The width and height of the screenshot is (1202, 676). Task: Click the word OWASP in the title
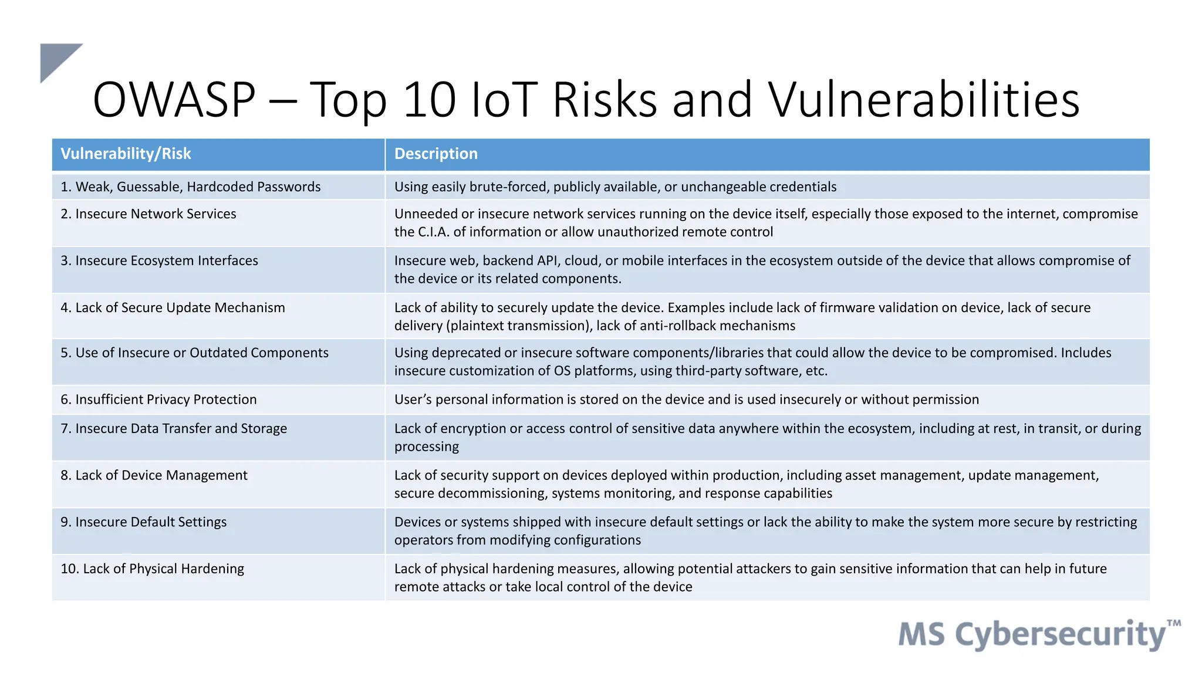[x=174, y=100]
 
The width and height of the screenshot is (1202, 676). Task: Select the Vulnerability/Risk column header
[x=126, y=154]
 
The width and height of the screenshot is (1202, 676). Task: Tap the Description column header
[x=435, y=154]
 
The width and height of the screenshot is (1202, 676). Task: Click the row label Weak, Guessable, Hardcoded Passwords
[x=191, y=187]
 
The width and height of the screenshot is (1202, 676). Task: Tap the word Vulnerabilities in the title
[x=924, y=100]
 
